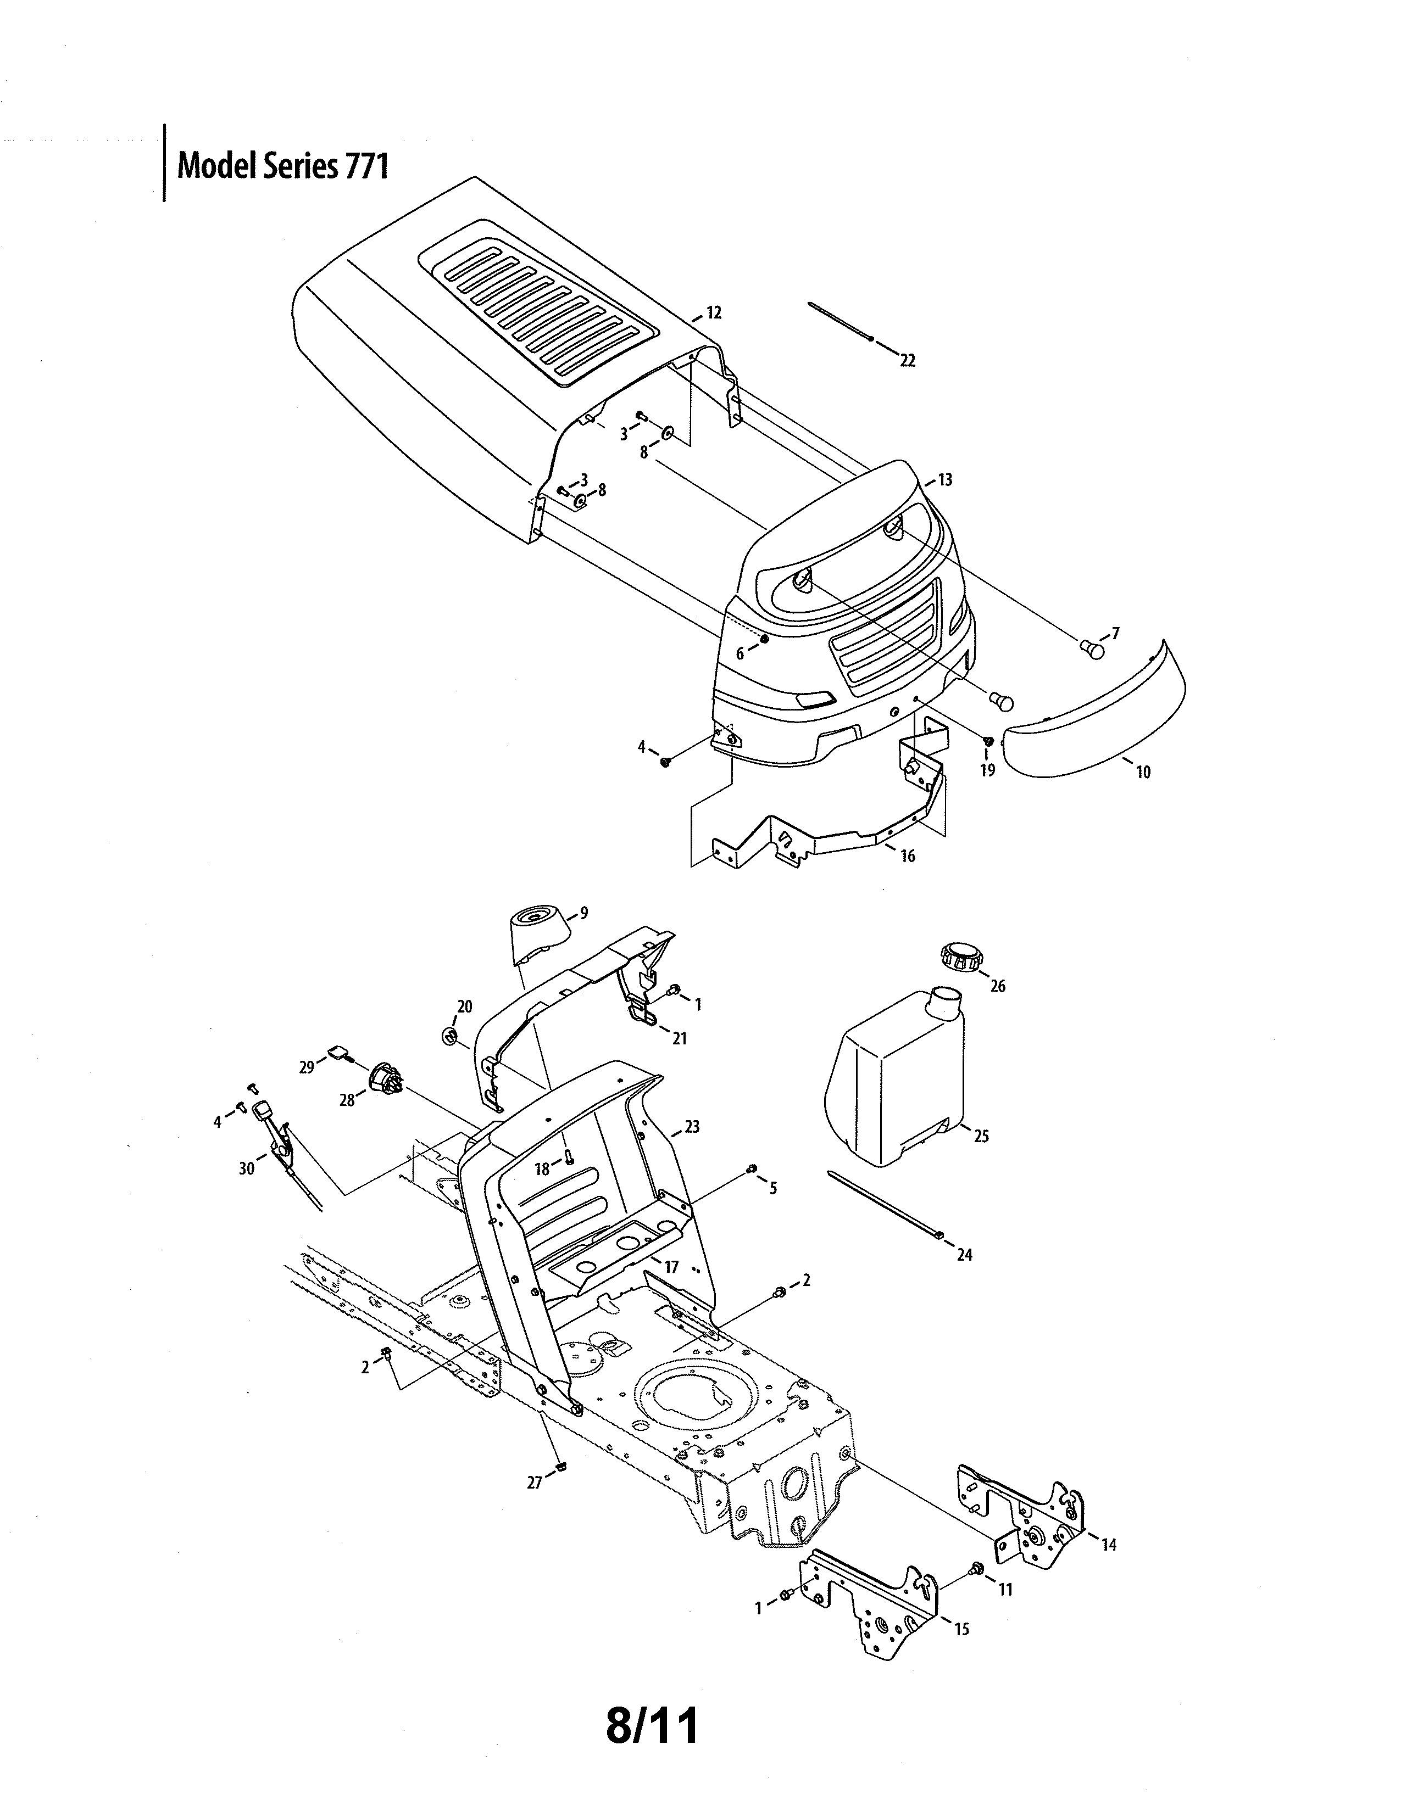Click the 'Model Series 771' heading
pos(282,167)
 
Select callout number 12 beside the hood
pos(713,313)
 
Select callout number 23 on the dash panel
pos(691,1127)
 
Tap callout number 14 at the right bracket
pos(1109,1545)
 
